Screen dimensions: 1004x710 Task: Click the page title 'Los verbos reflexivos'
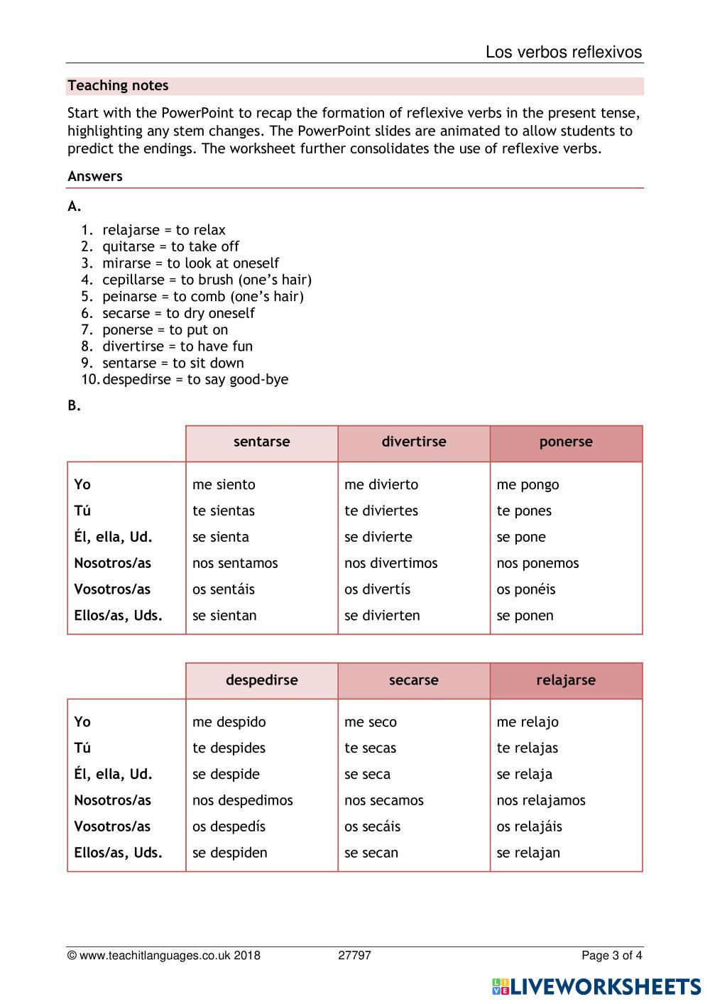pos(563,53)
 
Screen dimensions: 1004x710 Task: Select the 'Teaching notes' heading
pos(118,86)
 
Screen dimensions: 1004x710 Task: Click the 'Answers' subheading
pos(95,176)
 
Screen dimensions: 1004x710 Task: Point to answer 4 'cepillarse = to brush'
pos(207,280)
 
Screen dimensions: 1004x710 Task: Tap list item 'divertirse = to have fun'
pos(177,347)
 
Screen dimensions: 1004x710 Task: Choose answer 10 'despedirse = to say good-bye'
pos(195,380)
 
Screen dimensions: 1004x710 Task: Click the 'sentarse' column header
pos(261,442)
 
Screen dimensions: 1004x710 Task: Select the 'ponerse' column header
pos(565,442)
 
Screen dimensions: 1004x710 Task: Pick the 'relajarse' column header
pos(565,680)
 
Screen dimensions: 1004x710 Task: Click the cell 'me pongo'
pos(528,485)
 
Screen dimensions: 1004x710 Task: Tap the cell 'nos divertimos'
pos(390,563)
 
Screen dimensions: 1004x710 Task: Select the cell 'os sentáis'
pos(223,589)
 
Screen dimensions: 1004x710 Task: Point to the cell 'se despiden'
pos(229,853)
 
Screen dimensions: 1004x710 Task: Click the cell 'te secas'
pos(370,748)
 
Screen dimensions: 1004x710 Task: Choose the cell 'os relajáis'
pos(529,826)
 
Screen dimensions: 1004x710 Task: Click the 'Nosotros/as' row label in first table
pos(112,563)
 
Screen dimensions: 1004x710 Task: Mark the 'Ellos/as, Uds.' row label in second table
pos(118,853)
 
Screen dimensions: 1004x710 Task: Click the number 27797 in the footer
pos(354,956)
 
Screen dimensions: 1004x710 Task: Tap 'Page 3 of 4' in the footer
pos(611,956)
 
